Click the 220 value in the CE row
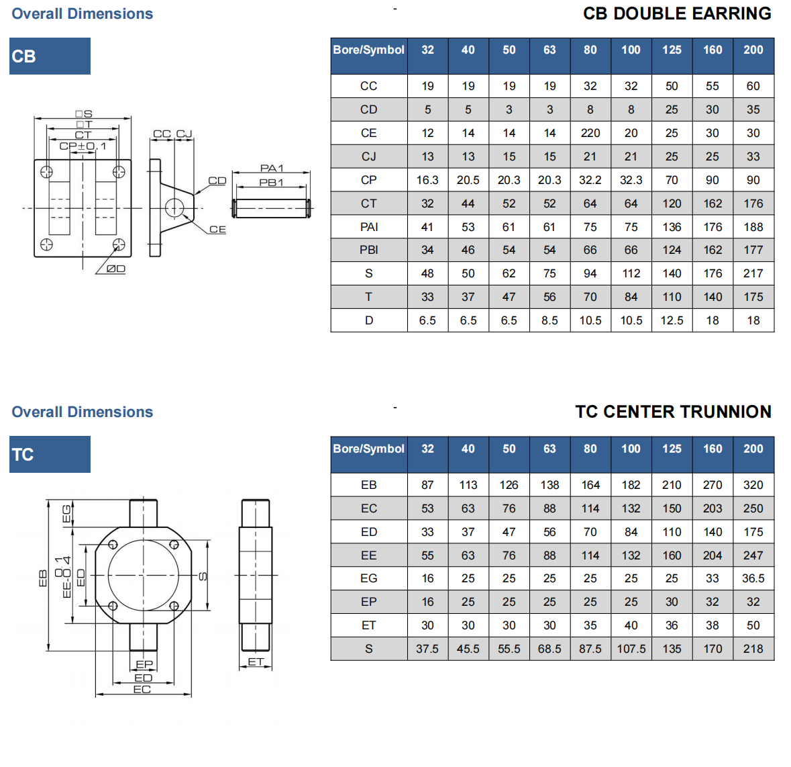click(x=590, y=133)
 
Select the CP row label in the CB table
click(x=368, y=180)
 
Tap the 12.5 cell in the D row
click(x=672, y=320)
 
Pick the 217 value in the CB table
click(x=753, y=273)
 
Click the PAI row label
click(x=368, y=227)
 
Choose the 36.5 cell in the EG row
click(x=753, y=578)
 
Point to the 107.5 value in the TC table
click(x=631, y=649)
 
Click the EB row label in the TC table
click(x=368, y=485)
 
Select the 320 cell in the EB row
click(x=753, y=485)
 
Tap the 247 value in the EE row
click(x=753, y=555)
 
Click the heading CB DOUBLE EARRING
click(x=676, y=13)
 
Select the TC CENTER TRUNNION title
click(x=673, y=412)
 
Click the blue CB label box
click(x=50, y=56)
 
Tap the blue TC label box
click(x=50, y=455)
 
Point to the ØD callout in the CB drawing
click(x=115, y=269)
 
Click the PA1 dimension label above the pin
click(x=272, y=168)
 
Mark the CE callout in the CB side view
click(x=217, y=229)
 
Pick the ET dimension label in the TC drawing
click(x=256, y=662)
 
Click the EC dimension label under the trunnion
click(x=142, y=689)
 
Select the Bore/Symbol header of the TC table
click(x=368, y=449)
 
